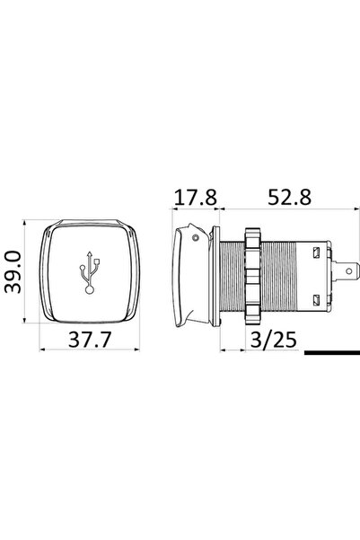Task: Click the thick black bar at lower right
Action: pos(331,352)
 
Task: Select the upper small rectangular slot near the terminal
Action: pos(315,253)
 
